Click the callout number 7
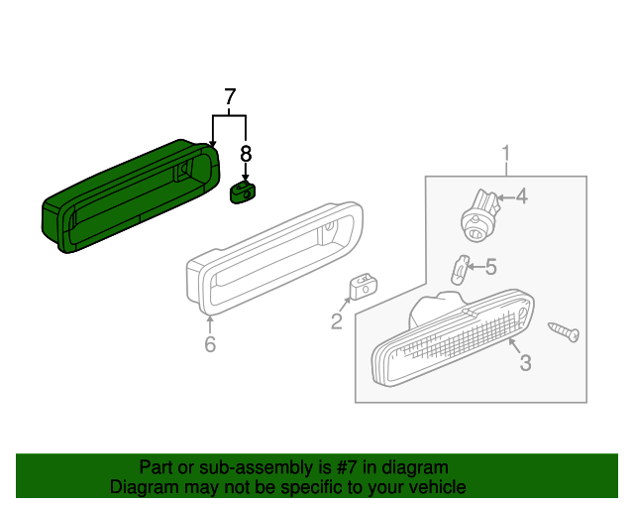click(230, 97)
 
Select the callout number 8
click(246, 154)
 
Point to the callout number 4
click(521, 196)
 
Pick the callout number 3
click(525, 363)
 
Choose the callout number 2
click(337, 320)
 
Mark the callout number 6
click(210, 344)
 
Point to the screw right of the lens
click(566, 332)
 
